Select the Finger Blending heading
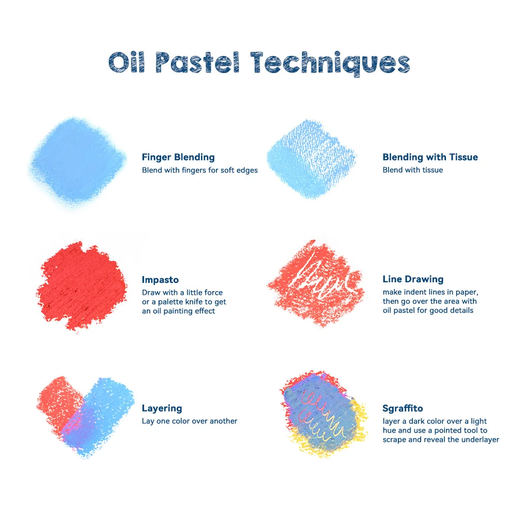(x=178, y=157)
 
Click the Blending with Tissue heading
(x=430, y=157)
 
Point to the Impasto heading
(x=160, y=280)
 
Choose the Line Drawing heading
(x=413, y=279)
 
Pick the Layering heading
(x=162, y=408)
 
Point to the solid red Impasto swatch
(x=80, y=285)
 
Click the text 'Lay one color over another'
(x=190, y=421)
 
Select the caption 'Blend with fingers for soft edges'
(x=200, y=170)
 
